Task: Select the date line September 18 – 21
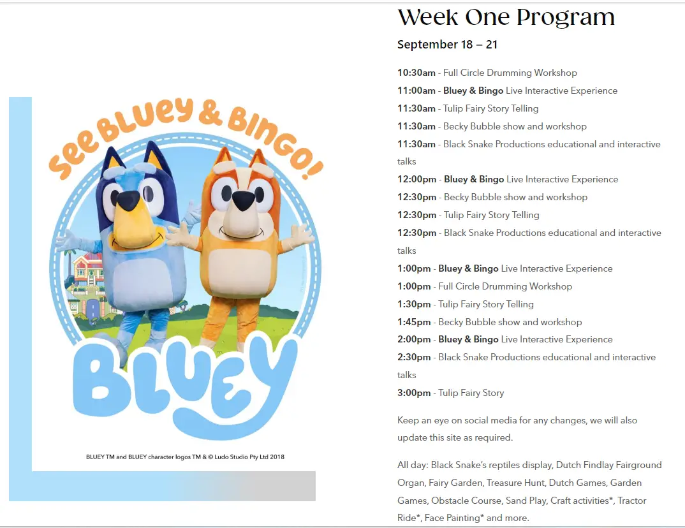point(447,45)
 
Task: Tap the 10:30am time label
point(416,73)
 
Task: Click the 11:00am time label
point(416,91)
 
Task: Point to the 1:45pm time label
point(414,322)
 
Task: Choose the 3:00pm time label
point(414,393)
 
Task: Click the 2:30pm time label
point(414,357)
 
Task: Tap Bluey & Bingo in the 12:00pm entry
point(474,179)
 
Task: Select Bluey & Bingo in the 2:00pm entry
point(468,339)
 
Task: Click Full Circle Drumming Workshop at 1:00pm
point(505,286)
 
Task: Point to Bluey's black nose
point(129,200)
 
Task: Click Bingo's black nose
point(244,200)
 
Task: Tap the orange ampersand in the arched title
point(210,113)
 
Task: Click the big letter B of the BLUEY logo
point(101,381)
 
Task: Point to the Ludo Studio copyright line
point(185,457)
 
